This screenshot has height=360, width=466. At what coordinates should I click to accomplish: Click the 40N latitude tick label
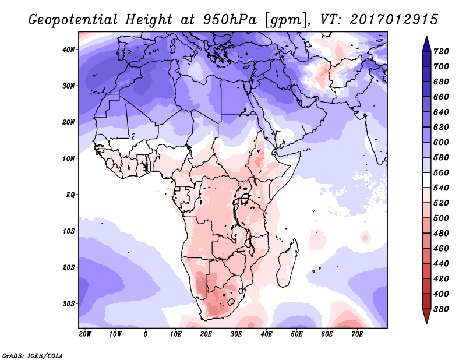pos(69,50)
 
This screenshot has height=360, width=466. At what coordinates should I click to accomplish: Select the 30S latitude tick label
pos(69,303)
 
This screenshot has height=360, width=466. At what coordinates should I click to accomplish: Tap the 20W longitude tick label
pos(85,334)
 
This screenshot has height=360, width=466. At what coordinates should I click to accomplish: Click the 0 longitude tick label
pos(146,334)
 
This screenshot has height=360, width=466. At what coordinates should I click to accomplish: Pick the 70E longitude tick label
pos(358,334)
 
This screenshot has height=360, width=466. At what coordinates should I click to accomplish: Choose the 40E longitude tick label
pos(267,334)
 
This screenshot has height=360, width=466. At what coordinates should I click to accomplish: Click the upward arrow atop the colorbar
pos(426,42)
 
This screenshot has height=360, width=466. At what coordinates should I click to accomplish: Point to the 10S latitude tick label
pos(69,231)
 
